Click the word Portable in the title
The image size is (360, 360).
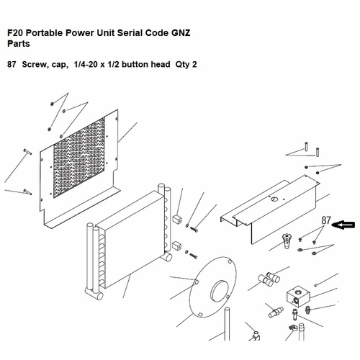44,33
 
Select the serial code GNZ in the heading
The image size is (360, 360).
181,33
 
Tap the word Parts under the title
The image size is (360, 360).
19,44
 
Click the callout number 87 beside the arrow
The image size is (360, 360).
326,220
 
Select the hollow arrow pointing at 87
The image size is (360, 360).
343,225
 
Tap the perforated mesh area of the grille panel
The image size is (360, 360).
79,158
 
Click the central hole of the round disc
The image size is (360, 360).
219,291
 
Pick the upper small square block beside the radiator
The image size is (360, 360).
177,219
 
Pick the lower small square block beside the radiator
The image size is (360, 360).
177,246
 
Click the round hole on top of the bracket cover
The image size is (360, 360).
274,199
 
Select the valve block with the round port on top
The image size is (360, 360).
298,296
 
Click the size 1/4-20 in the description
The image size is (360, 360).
86,64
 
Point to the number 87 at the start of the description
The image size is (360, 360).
12,64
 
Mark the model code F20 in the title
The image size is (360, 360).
15,33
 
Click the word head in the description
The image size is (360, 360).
161,64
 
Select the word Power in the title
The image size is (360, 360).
80,33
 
